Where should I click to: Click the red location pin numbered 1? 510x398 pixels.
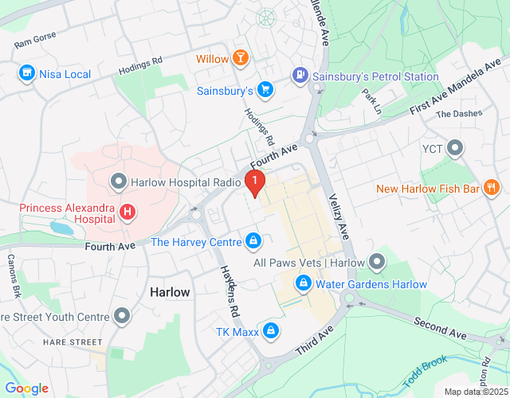[254, 182]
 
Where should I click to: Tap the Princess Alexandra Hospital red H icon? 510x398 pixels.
[127, 213]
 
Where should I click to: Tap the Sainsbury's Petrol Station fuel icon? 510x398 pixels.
[299, 76]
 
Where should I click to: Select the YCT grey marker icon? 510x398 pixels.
[455, 148]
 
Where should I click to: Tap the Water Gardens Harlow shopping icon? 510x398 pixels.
[304, 283]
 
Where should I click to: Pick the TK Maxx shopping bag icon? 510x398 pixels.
[271, 330]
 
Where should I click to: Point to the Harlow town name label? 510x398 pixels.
[171, 292]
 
